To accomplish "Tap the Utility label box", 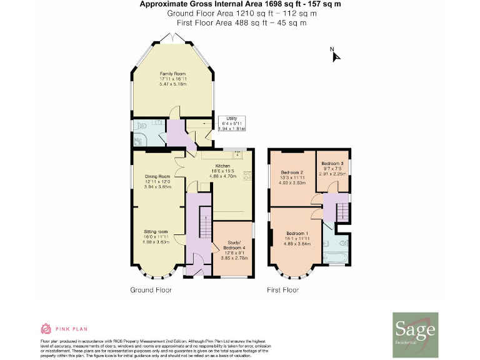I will point(231,123).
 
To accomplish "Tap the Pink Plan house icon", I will point(45,329).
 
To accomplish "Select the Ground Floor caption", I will point(151,290).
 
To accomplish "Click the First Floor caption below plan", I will point(282,290).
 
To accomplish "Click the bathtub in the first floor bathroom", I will point(335,256).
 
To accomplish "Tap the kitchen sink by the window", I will point(237,153).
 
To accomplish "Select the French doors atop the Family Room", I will point(172,38).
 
